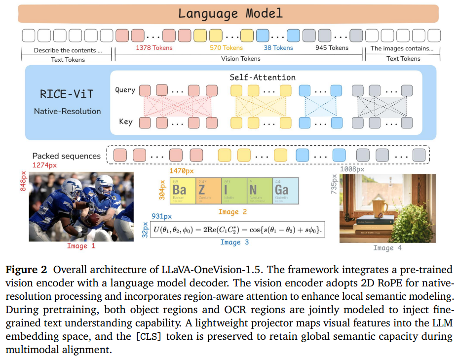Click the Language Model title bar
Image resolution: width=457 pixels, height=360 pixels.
point(230,13)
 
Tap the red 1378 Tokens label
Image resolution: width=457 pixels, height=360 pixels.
point(154,48)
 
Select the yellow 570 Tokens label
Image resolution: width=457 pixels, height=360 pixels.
point(226,48)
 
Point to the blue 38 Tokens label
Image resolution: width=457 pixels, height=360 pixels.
point(278,48)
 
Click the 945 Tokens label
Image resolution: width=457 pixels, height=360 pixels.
point(332,48)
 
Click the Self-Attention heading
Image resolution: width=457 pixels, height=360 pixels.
point(263,77)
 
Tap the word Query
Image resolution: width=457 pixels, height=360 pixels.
point(125,90)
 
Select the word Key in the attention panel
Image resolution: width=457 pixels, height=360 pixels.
point(125,121)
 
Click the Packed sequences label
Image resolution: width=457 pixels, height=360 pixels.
point(67,156)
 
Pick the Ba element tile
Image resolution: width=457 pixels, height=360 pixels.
point(180,191)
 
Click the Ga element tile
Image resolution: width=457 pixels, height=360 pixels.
point(286,191)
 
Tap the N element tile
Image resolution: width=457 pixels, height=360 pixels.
point(259,191)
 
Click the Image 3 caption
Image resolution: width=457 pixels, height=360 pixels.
point(234,242)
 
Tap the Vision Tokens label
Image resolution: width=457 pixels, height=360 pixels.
point(240,59)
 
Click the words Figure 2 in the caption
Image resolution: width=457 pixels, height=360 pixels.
point(27,270)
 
